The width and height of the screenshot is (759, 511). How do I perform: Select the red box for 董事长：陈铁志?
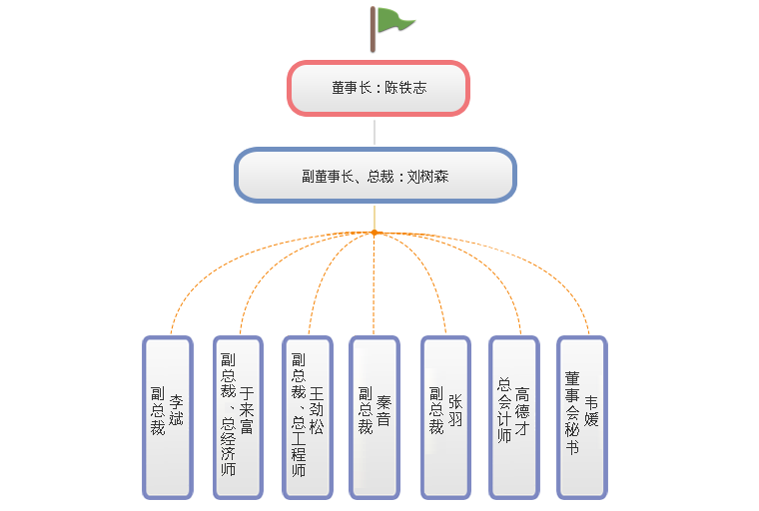[x=379, y=88]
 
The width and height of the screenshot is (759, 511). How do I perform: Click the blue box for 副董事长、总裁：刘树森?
[x=375, y=176]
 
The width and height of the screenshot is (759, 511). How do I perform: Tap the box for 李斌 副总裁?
[x=167, y=416]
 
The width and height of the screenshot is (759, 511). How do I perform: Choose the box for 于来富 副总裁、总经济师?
[x=237, y=416]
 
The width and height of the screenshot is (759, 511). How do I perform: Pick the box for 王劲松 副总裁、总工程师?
[x=307, y=416]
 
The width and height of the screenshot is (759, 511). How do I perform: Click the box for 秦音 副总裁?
[x=374, y=416]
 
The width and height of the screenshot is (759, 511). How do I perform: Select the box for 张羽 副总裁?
[x=445, y=416]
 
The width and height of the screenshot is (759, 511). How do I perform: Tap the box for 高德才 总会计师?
[x=513, y=416]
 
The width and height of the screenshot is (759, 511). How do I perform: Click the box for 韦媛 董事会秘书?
[x=581, y=416]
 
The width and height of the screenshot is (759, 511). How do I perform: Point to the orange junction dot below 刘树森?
[x=375, y=233]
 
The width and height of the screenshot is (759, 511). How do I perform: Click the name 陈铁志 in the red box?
[x=405, y=88]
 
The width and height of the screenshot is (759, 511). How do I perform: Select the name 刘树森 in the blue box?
[x=428, y=177]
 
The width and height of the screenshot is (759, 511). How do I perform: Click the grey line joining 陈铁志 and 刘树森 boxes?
[x=375, y=132]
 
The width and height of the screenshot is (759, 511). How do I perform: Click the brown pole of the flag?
[x=373, y=28]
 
